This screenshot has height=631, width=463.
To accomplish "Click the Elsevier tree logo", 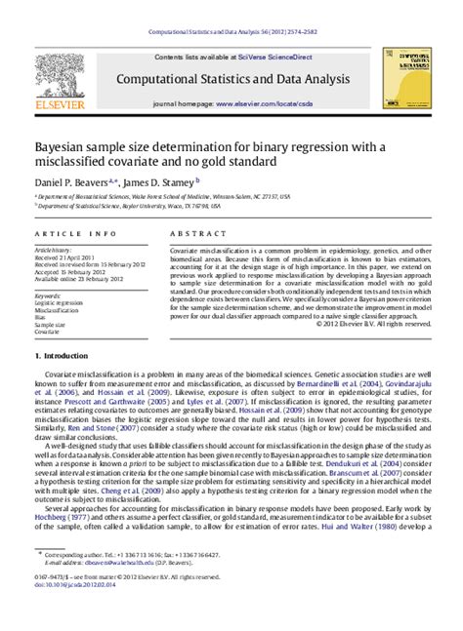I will pos(58,82).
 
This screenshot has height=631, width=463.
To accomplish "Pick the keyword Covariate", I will pos(49,332).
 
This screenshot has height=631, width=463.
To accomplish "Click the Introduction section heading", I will pos(68,358).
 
